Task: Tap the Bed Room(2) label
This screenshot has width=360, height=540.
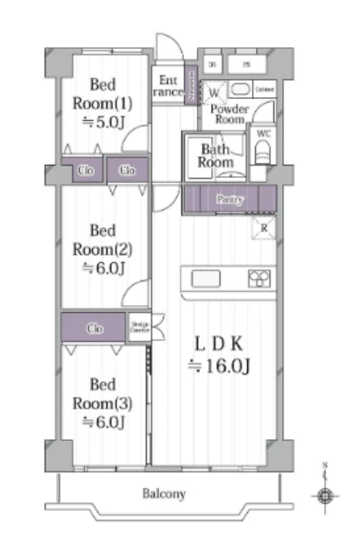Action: [102, 249]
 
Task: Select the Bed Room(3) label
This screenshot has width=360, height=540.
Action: [102, 401]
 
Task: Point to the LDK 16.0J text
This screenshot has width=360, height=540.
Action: [224, 354]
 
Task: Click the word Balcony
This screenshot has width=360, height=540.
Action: [164, 494]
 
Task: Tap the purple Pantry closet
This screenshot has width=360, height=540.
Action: [229, 200]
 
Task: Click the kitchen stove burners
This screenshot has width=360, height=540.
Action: [258, 279]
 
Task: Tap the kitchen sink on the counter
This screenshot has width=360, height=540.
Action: [207, 279]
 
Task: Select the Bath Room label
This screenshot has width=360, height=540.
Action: [215, 156]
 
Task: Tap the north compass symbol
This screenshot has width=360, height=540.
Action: [326, 495]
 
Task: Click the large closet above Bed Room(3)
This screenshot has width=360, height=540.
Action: [94, 328]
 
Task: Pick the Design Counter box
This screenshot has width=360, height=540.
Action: [139, 328]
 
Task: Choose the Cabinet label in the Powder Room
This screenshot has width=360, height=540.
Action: [265, 89]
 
